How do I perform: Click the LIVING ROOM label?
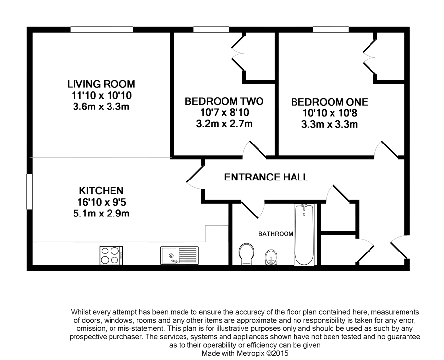tap(101, 84)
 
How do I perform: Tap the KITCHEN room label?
tap(101, 191)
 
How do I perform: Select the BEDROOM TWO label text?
tap(224, 101)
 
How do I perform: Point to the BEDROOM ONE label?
tap(330, 102)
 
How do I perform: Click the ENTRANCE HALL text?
tap(266, 177)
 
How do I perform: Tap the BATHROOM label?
tap(275, 234)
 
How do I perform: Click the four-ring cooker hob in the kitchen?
tap(111, 255)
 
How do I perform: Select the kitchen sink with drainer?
tap(180, 255)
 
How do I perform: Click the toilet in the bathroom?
tap(246, 254)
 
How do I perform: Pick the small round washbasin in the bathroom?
tap(271, 257)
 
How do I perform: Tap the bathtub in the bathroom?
tap(304, 235)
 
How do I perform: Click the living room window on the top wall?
tap(102, 30)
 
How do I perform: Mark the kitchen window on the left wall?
tap(30, 191)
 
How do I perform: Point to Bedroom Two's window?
tap(211, 30)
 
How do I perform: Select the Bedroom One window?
tap(331, 30)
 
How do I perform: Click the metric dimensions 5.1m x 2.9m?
tap(101, 213)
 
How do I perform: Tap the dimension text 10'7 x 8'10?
tap(224, 112)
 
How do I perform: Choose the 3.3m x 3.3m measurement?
tap(330, 125)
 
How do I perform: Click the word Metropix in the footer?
tap(250, 353)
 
